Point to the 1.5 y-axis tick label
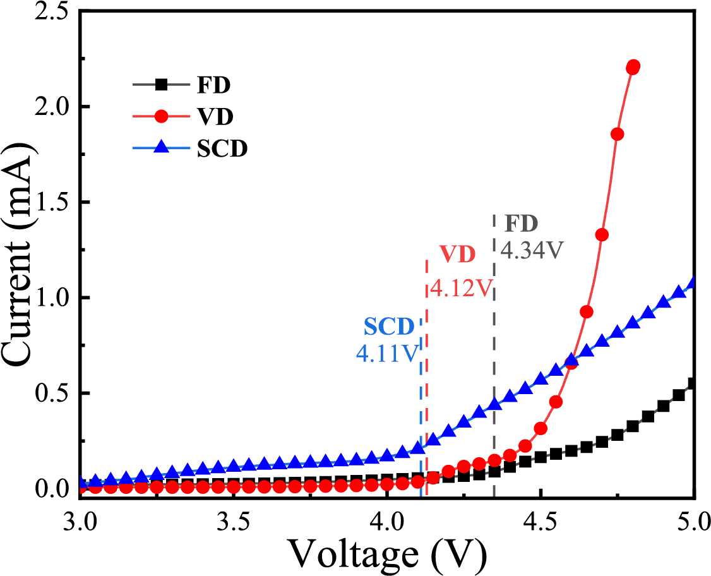pos(53,203)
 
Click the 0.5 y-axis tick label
pos(53,393)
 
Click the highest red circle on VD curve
pos(633,66)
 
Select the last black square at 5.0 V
pos(693,383)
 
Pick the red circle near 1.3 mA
pos(602,235)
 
